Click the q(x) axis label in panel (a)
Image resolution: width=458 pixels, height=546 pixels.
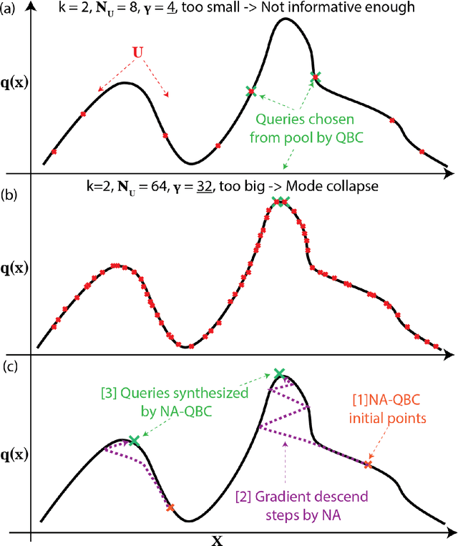pos(15,86)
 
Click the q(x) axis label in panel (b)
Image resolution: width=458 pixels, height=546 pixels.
pos(15,270)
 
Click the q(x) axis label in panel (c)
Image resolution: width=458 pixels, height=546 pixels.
pos(15,454)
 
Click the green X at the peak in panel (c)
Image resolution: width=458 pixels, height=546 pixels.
pos(279,374)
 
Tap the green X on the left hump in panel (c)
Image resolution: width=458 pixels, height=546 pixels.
pos(133,442)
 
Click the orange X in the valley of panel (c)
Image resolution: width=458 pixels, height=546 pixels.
pos(170,508)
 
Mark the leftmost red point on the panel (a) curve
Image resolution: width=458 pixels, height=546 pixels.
pos(54,151)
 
